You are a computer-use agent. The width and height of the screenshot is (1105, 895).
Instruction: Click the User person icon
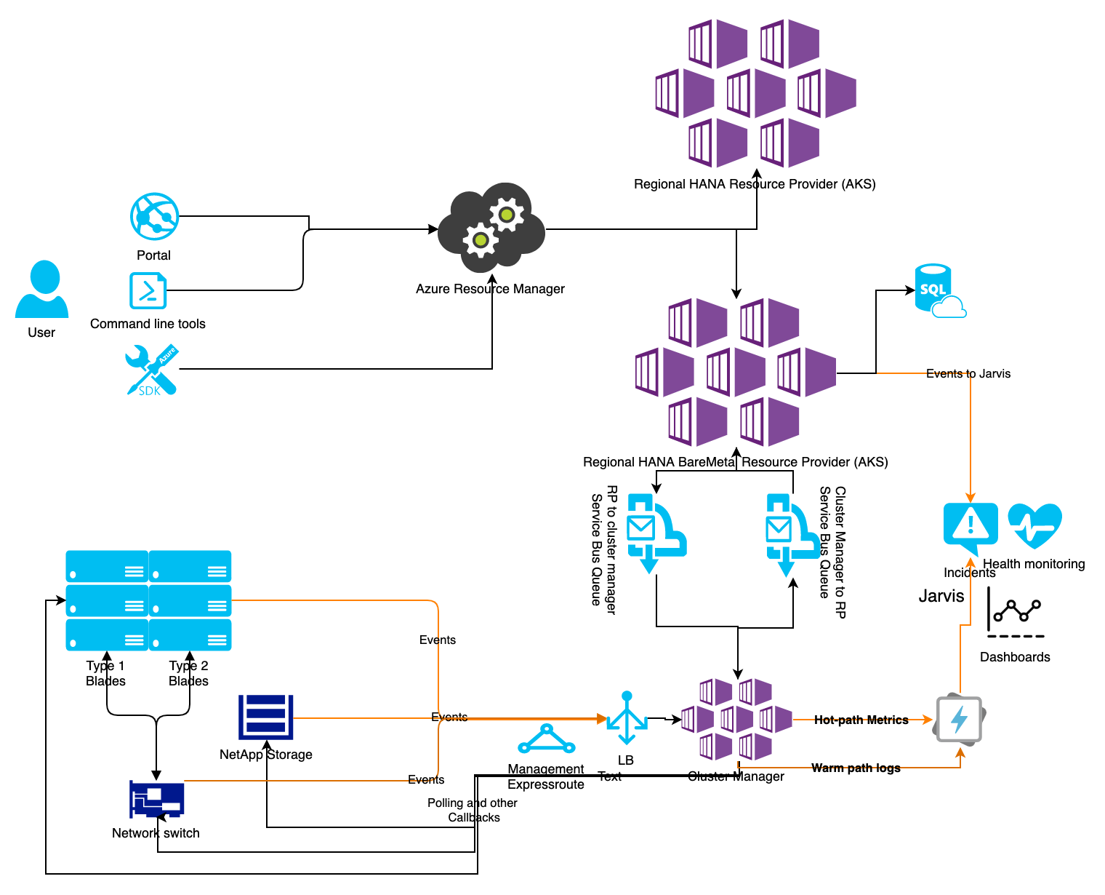42,290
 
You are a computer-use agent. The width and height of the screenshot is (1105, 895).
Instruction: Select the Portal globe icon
154,217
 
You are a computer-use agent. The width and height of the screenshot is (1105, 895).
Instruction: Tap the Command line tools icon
148,291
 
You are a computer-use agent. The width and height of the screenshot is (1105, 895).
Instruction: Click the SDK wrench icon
151,370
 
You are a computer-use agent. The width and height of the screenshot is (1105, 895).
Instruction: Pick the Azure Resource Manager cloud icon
491,228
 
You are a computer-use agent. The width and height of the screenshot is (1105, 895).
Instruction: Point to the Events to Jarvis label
968,373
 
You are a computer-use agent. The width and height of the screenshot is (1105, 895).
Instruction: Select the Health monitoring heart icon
1034,525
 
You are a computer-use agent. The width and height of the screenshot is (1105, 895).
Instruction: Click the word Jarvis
941,596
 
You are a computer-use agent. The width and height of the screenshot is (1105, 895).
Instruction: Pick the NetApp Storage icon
265,717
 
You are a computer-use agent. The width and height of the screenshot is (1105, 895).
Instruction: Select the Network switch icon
156,800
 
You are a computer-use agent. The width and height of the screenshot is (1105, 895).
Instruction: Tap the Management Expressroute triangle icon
547,739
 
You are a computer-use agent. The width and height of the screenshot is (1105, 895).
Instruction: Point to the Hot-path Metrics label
861,720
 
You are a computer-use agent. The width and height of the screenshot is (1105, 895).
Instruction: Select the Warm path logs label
856,768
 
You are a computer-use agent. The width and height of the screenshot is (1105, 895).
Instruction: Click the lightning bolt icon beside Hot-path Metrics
959,720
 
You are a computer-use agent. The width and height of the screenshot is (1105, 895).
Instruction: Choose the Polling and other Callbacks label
473,810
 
